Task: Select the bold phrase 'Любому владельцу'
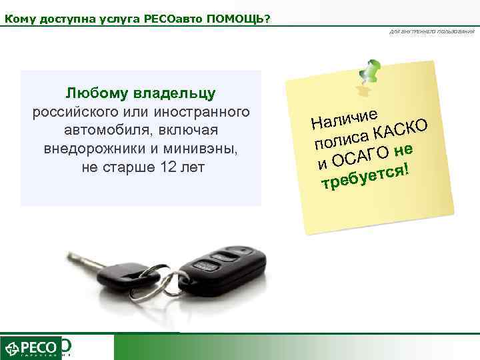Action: [141, 92]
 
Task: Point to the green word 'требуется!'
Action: [364, 176]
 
